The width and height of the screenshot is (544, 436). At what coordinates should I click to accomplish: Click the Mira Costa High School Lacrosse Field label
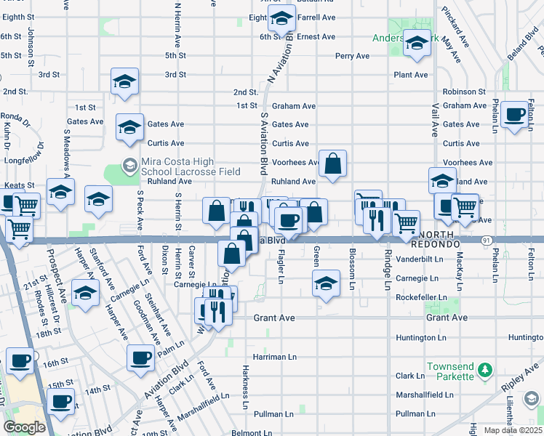pos(191,168)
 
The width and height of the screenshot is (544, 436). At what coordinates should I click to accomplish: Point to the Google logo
pos(23,427)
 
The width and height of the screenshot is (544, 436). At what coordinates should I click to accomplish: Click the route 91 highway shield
pos(486,239)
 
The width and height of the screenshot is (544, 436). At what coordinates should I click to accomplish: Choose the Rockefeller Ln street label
pos(421,297)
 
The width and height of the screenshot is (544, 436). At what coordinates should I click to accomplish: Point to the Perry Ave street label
pos(353,56)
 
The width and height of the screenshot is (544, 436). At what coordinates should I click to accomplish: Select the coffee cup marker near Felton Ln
pos(514,114)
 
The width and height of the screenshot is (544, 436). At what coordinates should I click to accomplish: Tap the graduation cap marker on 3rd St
pos(124,81)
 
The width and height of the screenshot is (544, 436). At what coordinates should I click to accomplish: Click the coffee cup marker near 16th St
pos(20,360)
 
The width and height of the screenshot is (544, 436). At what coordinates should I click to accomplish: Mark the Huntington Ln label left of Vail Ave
pos(421,338)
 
